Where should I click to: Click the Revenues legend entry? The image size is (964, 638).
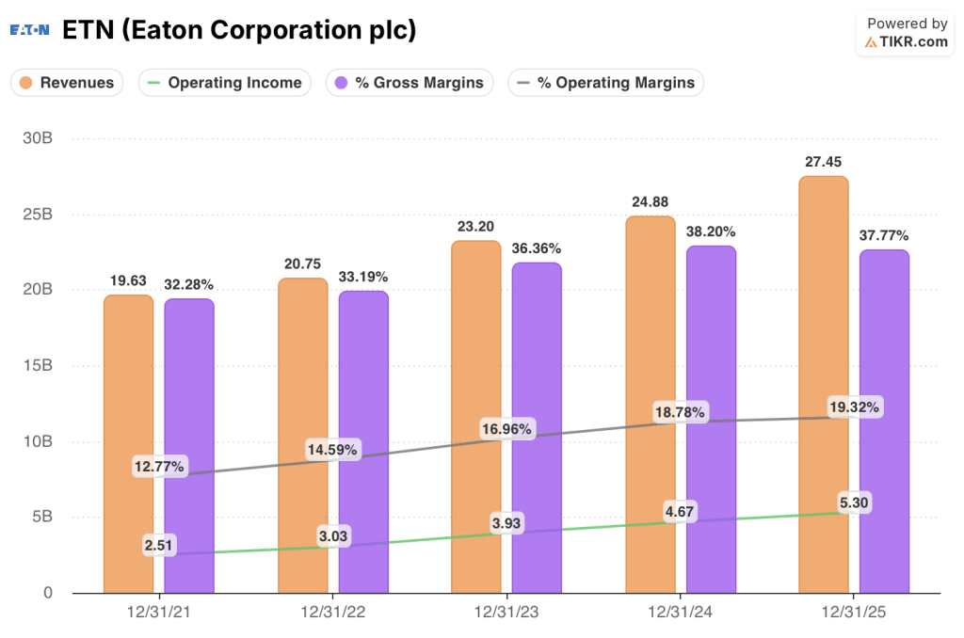(68, 83)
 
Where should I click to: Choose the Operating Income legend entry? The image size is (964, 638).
(225, 83)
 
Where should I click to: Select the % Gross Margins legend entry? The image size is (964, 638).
(410, 83)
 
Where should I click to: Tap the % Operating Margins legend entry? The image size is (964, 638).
(605, 83)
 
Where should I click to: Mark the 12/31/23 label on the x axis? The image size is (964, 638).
(507, 613)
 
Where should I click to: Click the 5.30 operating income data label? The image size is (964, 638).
(853, 502)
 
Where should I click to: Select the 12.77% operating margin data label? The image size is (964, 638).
(159, 466)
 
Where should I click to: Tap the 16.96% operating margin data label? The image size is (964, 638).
(506, 429)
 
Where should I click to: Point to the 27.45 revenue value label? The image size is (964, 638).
(824, 162)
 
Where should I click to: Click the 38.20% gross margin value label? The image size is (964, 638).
(712, 231)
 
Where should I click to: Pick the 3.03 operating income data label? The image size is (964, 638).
(333, 535)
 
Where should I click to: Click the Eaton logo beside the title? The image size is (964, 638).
(30, 30)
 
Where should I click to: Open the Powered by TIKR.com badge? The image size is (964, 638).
(907, 33)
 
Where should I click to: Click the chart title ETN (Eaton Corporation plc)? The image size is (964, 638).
(239, 30)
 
